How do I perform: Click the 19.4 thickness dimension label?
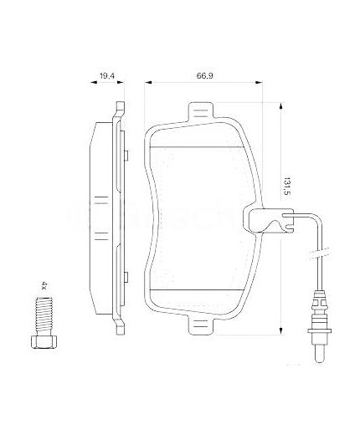pyautogui.click(x=106, y=76)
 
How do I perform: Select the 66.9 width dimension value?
pyautogui.click(x=203, y=76)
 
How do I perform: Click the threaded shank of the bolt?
pyautogui.click(x=44, y=317)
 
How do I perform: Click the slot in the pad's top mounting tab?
pyautogui.click(x=201, y=113)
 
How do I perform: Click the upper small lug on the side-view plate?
pyautogui.click(x=126, y=155)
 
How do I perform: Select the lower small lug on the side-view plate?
pyautogui.click(x=126, y=279)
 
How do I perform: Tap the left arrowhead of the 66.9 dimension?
pyautogui.click(x=149, y=84)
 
